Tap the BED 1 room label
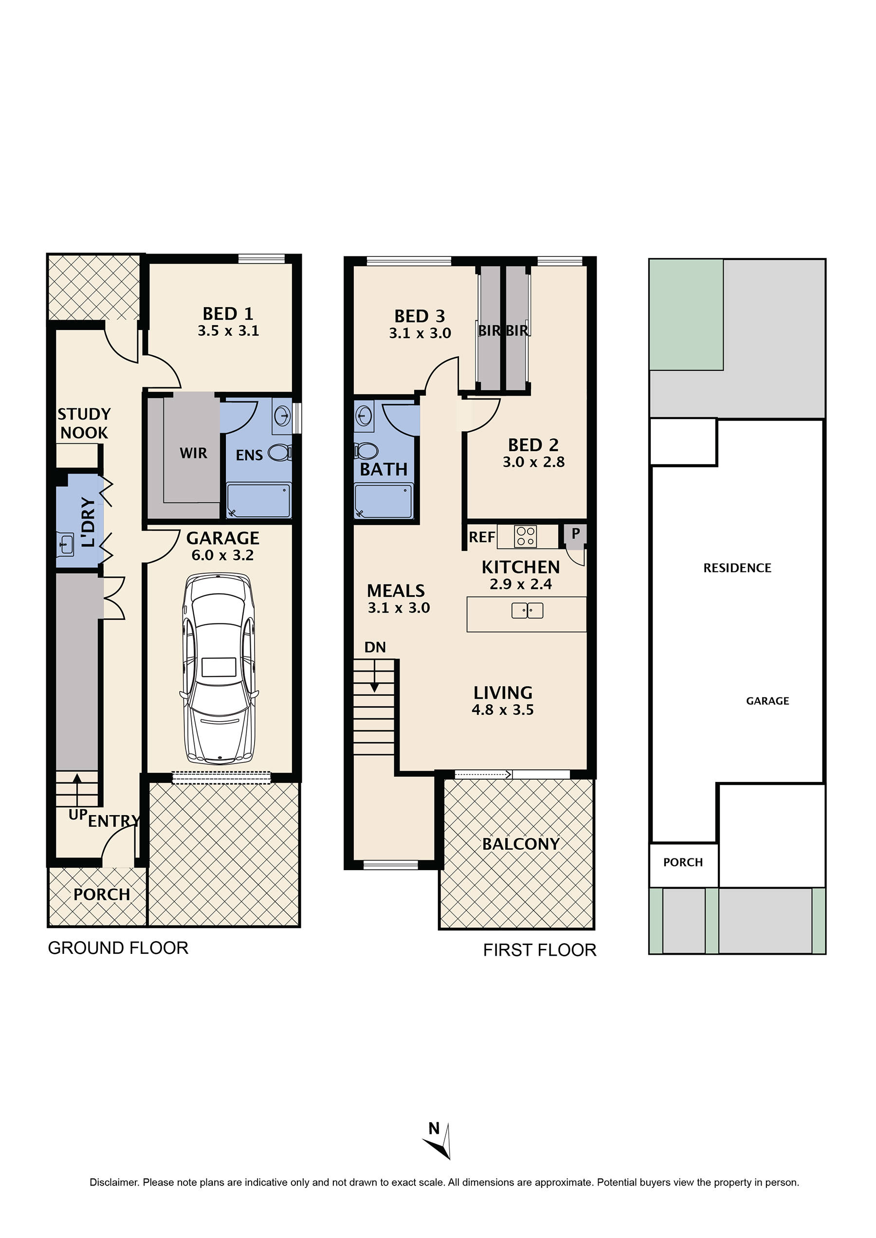228,313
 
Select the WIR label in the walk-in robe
193,453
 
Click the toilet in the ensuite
280,453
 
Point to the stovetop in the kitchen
526,536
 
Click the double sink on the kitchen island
527,611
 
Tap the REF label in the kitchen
482,537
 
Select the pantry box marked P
575,535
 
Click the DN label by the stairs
375,647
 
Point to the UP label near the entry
78,815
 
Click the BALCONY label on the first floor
521,844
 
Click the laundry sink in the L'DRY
66,544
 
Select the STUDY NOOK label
84,423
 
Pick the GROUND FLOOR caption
118,948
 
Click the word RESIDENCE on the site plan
737,568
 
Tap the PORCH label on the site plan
683,862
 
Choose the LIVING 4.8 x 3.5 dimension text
503,710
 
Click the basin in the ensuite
282,416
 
